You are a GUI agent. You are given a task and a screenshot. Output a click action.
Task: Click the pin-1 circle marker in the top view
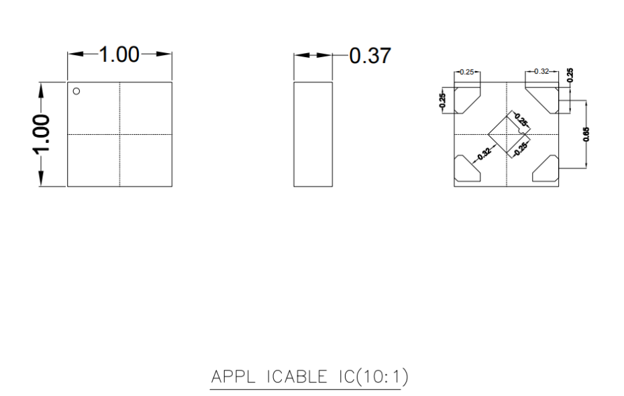76,91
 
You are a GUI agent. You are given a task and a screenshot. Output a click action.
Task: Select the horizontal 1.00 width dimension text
119,54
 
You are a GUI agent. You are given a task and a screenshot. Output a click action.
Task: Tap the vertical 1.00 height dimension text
41,134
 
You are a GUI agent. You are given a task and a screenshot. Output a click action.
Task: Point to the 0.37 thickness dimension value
370,56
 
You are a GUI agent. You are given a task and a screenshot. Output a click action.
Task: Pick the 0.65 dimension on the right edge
586,134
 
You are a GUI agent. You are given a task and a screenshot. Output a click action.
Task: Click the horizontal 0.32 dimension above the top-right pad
541,71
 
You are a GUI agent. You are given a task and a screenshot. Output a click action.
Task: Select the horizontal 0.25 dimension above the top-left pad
467,72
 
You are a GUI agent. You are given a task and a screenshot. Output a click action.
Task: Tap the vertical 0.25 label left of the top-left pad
442,100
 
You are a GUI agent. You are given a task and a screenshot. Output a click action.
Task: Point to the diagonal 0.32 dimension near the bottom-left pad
484,154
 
